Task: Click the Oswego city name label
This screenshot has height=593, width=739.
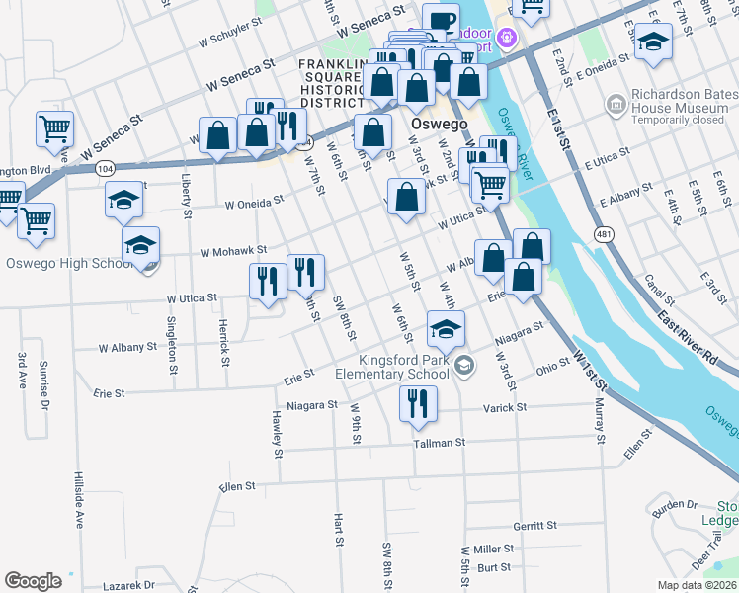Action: tap(433, 125)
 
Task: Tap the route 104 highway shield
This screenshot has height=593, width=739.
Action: tap(106, 169)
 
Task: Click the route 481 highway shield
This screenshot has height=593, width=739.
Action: tap(602, 233)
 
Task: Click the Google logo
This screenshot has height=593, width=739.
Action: tap(33, 581)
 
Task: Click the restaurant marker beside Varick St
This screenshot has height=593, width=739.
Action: tap(418, 402)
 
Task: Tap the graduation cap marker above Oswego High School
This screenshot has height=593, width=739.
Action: tap(141, 243)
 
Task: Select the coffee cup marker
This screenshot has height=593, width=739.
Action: tap(442, 20)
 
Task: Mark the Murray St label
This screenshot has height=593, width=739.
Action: tap(599, 416)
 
